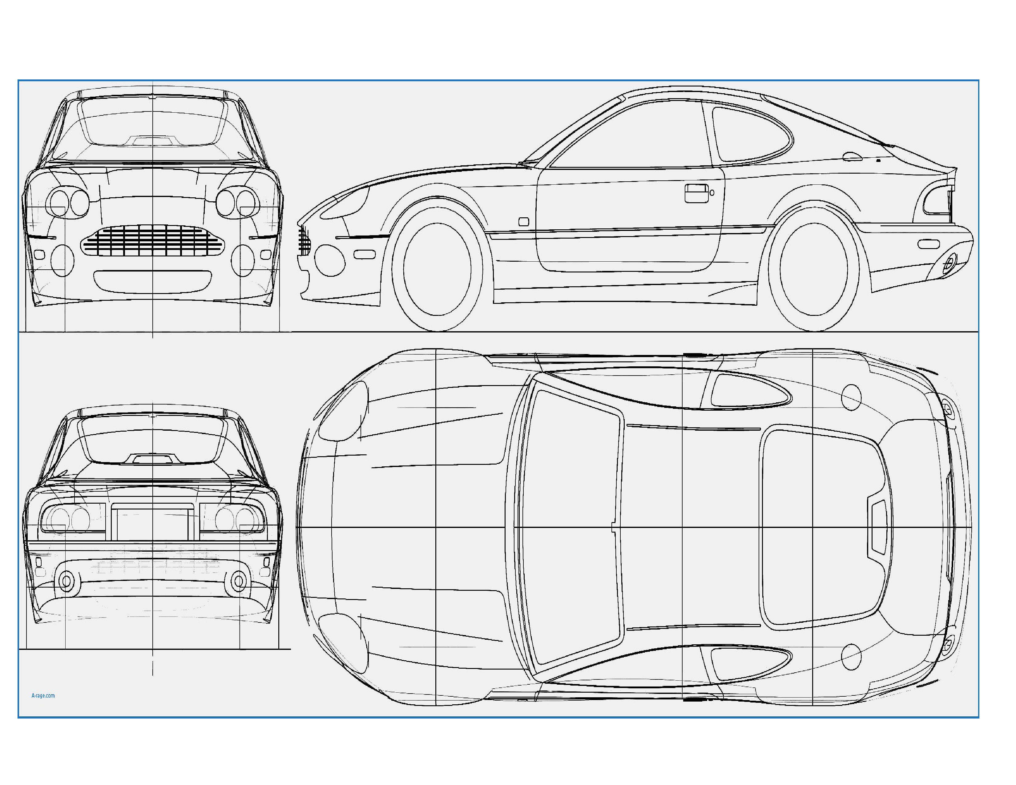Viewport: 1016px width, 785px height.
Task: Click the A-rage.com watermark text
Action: pyautogui.click(x=43, y=696)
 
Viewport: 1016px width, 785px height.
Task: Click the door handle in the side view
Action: pyautogui.click(x=697, y=193)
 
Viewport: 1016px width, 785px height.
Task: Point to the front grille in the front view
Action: pyautogui.click(x=153, y=240)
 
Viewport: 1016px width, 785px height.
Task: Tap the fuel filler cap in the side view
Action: pyautogui.click(x=852, y=157)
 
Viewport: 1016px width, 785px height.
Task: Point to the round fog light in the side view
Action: pyautogui.click(x=330, y=260)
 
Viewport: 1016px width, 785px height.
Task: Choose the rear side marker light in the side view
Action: pyautogui.click(x=929, y=244)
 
